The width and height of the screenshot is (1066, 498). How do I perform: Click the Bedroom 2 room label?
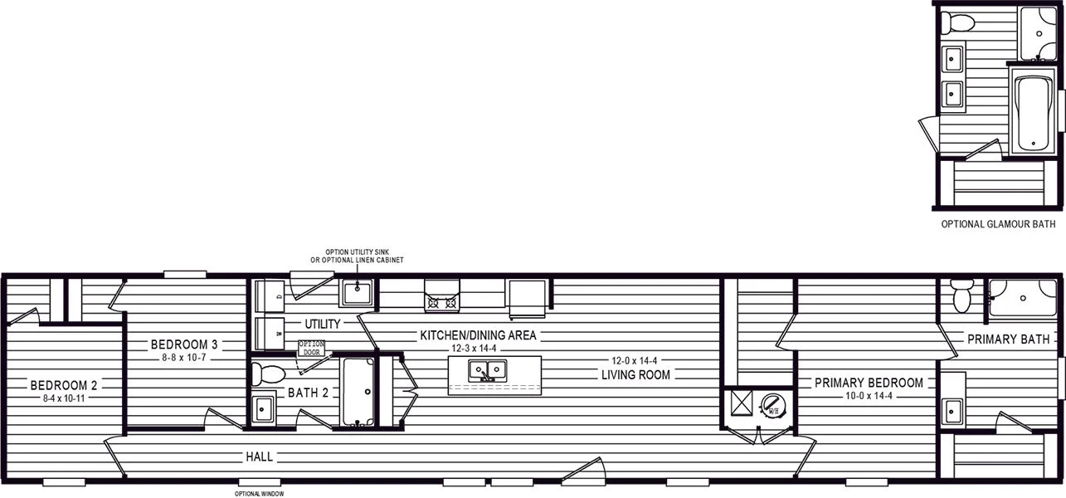[x=64, y=385]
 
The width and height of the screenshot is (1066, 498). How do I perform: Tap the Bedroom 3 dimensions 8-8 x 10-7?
[x=183, y=358]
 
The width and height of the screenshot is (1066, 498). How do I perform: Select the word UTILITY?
[x=322, y=325]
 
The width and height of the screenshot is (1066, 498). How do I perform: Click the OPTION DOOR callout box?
[x=312, y=348]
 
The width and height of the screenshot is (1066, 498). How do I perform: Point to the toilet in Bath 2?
[x=268, y=373]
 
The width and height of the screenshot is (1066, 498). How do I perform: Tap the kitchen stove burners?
[x=442, y=302]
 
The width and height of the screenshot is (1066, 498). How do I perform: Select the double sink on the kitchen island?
[x=487, y=370]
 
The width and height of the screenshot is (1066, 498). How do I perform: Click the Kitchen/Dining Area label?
[x=478, y=335]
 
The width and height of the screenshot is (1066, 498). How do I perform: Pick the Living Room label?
[x=635, y=374]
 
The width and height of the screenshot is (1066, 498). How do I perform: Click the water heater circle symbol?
[x=773, y=406]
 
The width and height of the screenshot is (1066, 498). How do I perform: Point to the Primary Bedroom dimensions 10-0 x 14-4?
[x=869, y=396]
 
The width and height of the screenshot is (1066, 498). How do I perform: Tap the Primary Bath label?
[x=1009, y=339]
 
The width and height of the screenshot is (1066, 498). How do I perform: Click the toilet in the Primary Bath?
[x=962, y=295]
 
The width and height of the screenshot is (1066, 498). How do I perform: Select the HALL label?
[x=260, y=457]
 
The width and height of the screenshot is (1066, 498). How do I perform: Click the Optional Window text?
[x=260, y=494]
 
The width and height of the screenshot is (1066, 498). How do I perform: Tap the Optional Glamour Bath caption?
[x=999, y=224]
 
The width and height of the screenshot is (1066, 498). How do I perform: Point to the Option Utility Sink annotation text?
[x=357, y=256]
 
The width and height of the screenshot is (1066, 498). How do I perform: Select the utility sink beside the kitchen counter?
[x=357, y=293]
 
